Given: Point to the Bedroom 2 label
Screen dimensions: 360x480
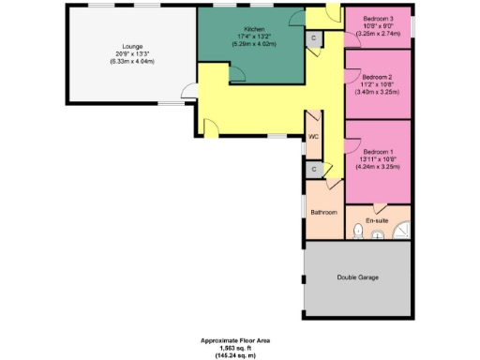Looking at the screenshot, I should tap(378, 77).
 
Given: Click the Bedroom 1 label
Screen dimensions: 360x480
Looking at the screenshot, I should tap(378, 151).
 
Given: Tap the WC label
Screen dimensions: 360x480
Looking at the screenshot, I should tap(314, 136).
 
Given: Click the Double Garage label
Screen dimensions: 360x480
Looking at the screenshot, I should tap(357, 278).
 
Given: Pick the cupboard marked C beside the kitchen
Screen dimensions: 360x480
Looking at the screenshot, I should tap(313, 37).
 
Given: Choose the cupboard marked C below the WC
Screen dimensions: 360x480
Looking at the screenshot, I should tap(314, 169).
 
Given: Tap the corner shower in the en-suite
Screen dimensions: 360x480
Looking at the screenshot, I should tap(401, 231).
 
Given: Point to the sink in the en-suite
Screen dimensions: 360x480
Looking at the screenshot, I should tap(378, 234).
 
